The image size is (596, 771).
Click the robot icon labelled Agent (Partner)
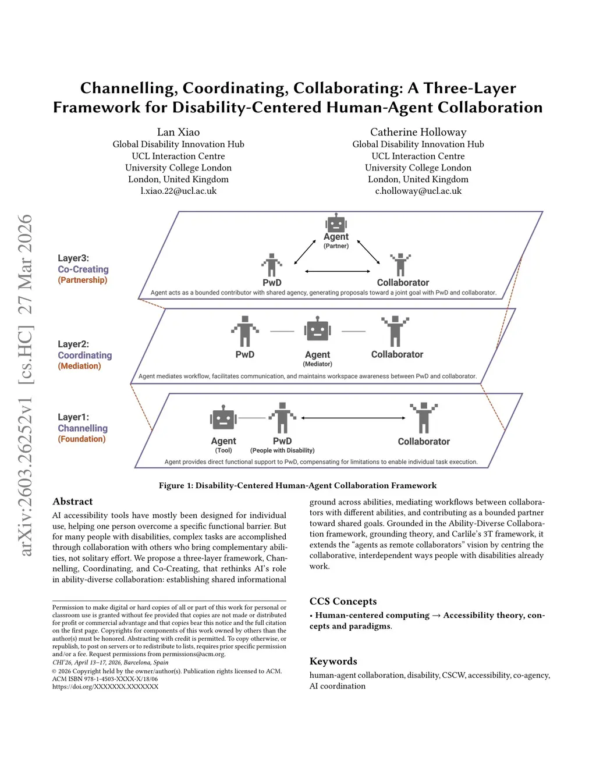(x=336, y=223)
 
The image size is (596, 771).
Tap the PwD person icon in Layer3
(x=272, y=265)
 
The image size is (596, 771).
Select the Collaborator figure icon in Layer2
(x=395, y=331)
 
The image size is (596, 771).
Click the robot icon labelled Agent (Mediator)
(x=317, y=329)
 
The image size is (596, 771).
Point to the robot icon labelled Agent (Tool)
(x=223, y=418)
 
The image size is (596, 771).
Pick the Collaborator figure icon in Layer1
(x=424, y=417)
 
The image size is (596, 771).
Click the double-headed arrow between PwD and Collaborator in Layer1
(x=353, y=418)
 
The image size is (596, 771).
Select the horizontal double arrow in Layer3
(x=338, y=271)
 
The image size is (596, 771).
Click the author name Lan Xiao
(x=178, y=132)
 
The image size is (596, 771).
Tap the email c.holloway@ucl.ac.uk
(x=418, y=191)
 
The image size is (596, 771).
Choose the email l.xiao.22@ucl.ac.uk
(x=178, y=191)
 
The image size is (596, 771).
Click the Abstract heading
(x=73, y=502)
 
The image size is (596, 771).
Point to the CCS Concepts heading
(x=343, y=602)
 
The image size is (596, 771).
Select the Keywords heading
(x=333, y=662)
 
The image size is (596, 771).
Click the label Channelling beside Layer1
(x=83, y=428)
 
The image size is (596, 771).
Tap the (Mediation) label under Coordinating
(x=79, y=366)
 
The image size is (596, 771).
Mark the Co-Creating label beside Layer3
(x=83, y=269)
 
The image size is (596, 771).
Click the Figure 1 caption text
(x=297, y=485)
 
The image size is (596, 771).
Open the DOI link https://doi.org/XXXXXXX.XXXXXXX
(x=105, y=687)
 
